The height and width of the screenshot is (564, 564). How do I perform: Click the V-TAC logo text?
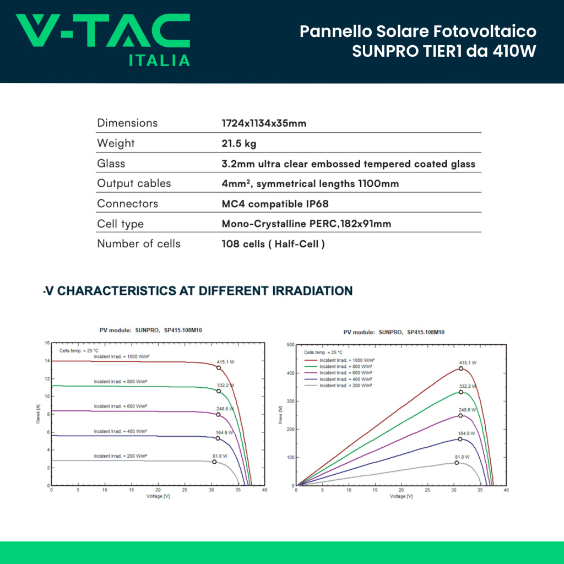point(102,31)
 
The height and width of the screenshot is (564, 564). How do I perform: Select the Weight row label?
point(116,143)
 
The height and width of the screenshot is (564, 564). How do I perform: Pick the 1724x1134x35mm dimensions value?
point(263,123)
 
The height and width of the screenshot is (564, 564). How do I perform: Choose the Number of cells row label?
point(138,243)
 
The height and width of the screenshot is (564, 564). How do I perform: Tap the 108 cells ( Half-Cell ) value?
point(273,244)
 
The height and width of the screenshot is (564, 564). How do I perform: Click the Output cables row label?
point(134,183)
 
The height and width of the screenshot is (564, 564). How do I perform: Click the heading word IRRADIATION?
point(313,291)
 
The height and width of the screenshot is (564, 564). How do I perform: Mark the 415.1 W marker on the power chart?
point(461,368)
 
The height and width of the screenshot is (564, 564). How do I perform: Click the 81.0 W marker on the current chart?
point(214,462)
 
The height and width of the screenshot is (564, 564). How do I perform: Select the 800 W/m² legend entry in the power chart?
point(345,366)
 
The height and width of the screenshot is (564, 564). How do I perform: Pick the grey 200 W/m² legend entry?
point(345,386)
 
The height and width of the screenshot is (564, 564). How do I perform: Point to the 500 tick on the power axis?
point(290,345)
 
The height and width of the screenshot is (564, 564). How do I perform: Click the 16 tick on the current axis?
point(47,343)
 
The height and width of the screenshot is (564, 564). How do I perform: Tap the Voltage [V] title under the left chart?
point(158,496)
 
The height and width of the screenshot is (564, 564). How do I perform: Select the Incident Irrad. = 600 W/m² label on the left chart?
point(120,406)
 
